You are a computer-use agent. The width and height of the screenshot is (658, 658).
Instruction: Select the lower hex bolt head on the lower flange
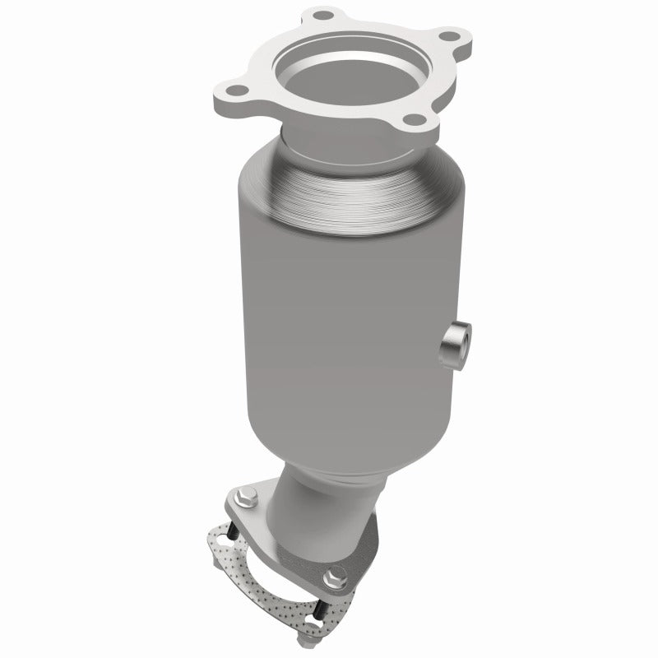point(333,576)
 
